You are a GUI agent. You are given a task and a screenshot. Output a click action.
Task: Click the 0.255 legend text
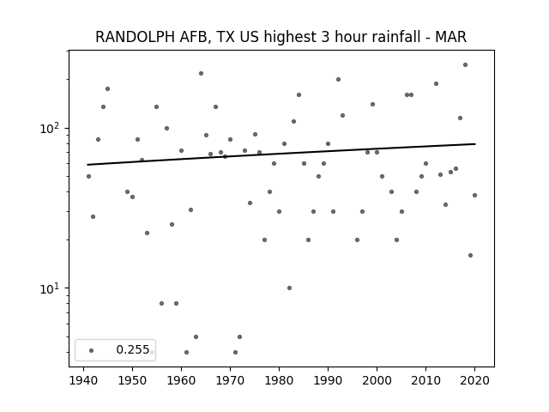coord(132,349)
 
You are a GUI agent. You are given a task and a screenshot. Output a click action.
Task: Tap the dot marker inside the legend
coord(91,349)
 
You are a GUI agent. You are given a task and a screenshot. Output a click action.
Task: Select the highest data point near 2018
coord(465,64)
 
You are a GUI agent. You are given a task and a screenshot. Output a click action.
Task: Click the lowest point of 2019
coord(470,255)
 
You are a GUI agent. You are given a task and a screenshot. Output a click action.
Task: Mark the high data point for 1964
coord(201,73)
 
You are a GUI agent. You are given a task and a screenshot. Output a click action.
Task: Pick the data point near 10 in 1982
coord(289,288)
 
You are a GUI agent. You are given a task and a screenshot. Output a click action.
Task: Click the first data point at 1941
coord(88,176)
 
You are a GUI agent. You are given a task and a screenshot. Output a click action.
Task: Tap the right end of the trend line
coord(474,144)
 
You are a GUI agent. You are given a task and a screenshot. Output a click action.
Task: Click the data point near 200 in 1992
coord(338,79)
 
